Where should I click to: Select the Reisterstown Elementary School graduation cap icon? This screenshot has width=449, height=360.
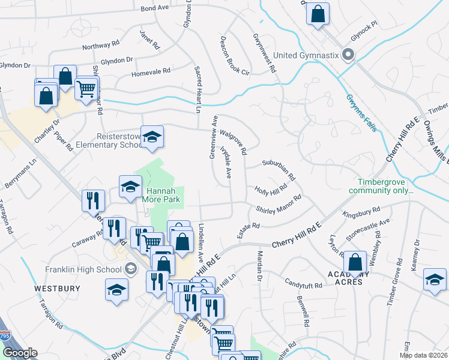point(152,137)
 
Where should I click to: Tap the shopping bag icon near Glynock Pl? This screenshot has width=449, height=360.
point(318,13)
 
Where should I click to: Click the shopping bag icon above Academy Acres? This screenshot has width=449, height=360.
point(355,262)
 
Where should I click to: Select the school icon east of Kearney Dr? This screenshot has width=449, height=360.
point(435,280)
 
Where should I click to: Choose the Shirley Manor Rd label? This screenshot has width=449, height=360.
point(279,205)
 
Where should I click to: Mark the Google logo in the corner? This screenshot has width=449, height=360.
point(19,353)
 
